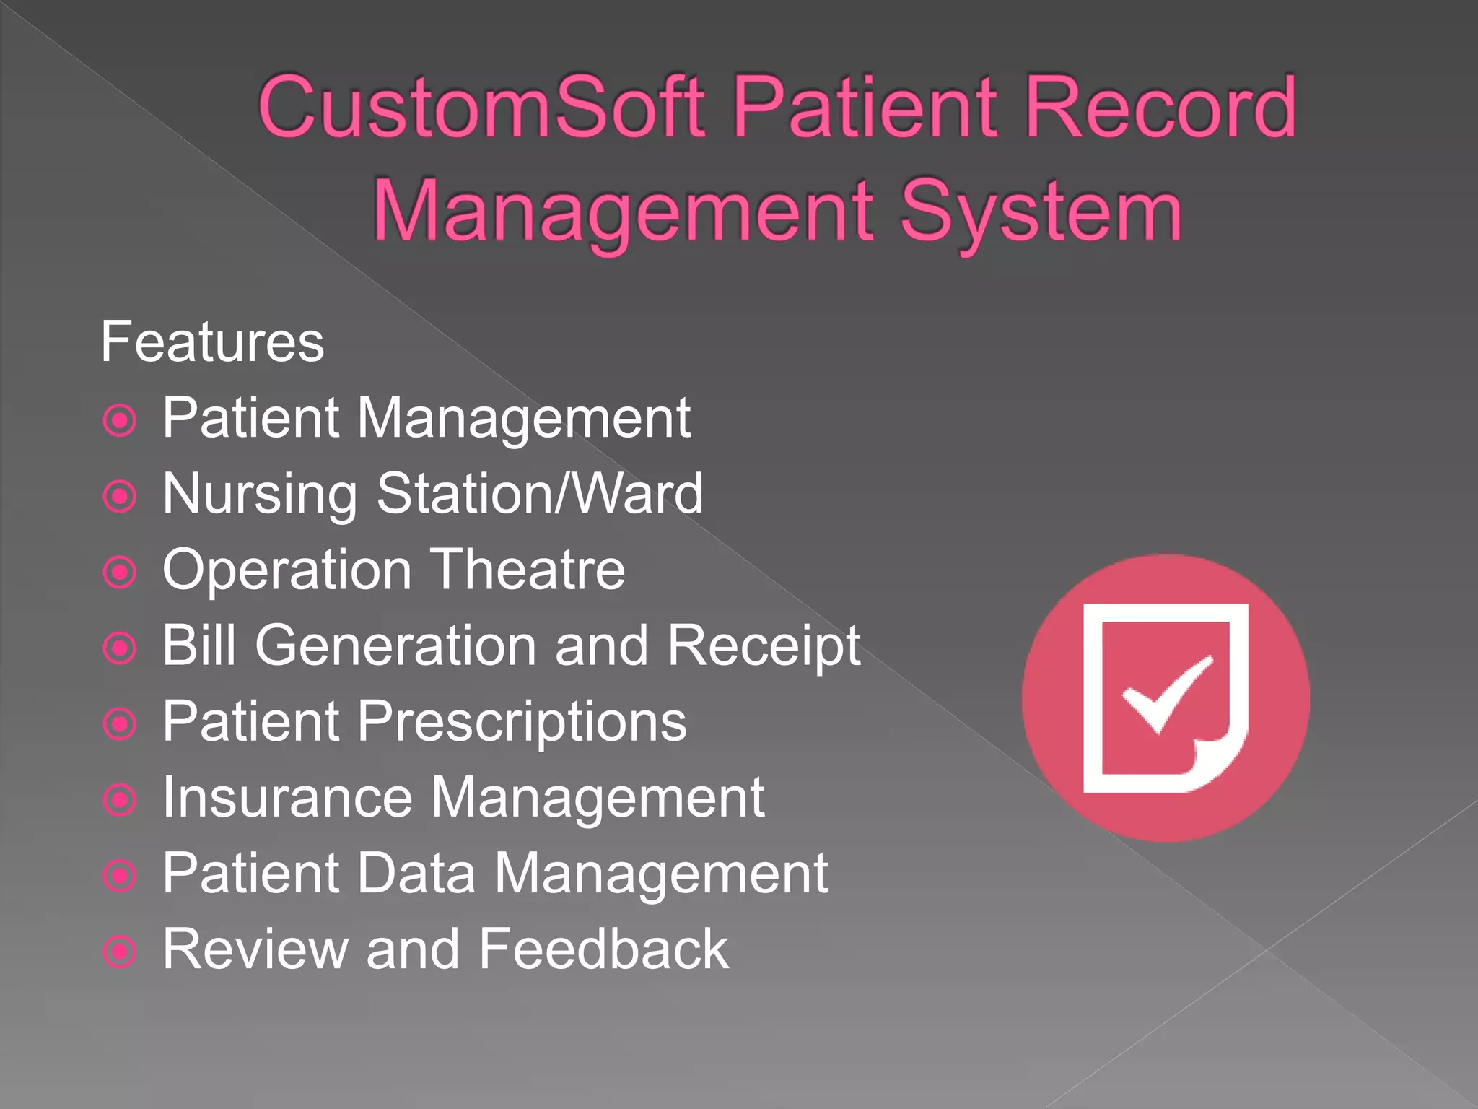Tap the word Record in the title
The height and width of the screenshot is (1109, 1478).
tap(1160, 108)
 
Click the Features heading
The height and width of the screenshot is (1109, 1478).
tap(212, 342)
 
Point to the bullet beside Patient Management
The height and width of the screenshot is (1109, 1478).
tap(120, 420)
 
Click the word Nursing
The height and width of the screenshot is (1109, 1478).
tap(260, 495)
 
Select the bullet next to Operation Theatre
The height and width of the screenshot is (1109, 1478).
tap(120, 573)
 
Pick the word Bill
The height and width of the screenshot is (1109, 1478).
tap(198, 645)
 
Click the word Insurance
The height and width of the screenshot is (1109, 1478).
tap(287, 797)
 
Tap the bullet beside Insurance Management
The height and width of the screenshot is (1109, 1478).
tap(120, 800)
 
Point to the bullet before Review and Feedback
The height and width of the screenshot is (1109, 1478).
tap(120, 952)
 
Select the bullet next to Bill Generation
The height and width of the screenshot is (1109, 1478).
tap(120, 648)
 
